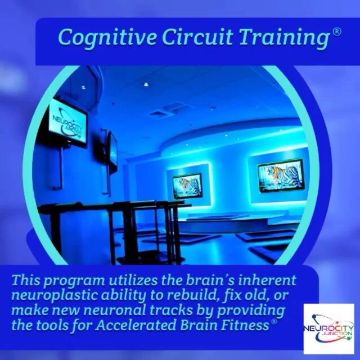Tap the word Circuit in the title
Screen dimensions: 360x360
point(197,37)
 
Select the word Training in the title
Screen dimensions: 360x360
point(284,38)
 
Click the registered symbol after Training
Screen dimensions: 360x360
point(336,31)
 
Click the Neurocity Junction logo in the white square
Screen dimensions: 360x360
point(328,328)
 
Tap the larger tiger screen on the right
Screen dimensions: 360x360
point(281,175)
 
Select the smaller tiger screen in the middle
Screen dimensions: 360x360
point(187,186)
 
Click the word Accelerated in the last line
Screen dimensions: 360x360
point(136,325)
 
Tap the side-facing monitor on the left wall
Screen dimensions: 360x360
point(112,150)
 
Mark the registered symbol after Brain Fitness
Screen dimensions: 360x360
point(274,321)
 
